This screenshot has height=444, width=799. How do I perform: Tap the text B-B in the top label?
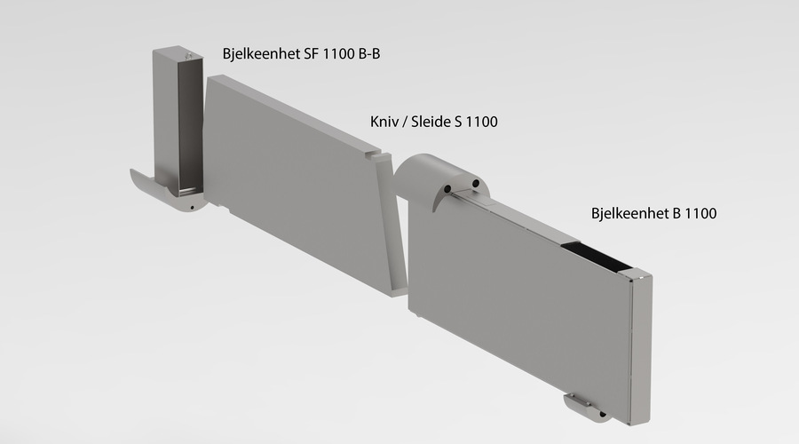click(367, 54)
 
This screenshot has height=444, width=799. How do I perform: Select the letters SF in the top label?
click(312, 54)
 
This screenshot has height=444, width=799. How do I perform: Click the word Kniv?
click(384, 122)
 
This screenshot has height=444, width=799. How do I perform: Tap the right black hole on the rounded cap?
click(476, 183)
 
